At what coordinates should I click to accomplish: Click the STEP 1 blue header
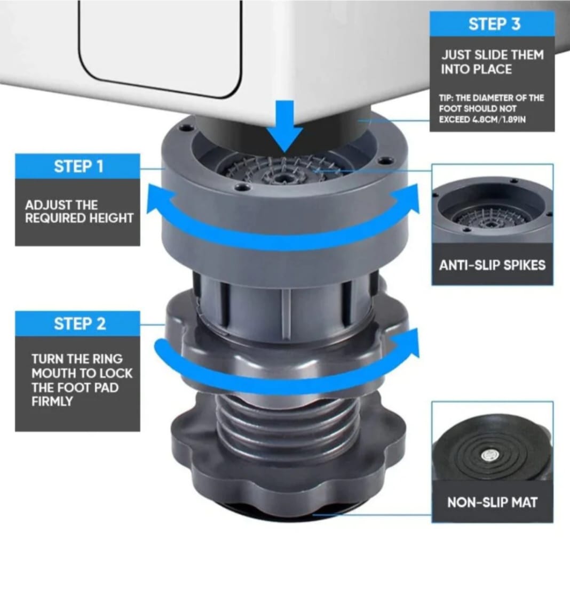78,166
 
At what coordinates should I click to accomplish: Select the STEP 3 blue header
494,24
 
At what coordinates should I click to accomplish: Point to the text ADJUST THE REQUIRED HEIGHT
79,212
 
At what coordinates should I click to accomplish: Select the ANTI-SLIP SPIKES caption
492,265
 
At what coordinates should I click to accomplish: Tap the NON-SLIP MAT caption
492,502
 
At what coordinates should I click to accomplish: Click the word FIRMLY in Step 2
51,401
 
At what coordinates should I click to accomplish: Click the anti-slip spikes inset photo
492,211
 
